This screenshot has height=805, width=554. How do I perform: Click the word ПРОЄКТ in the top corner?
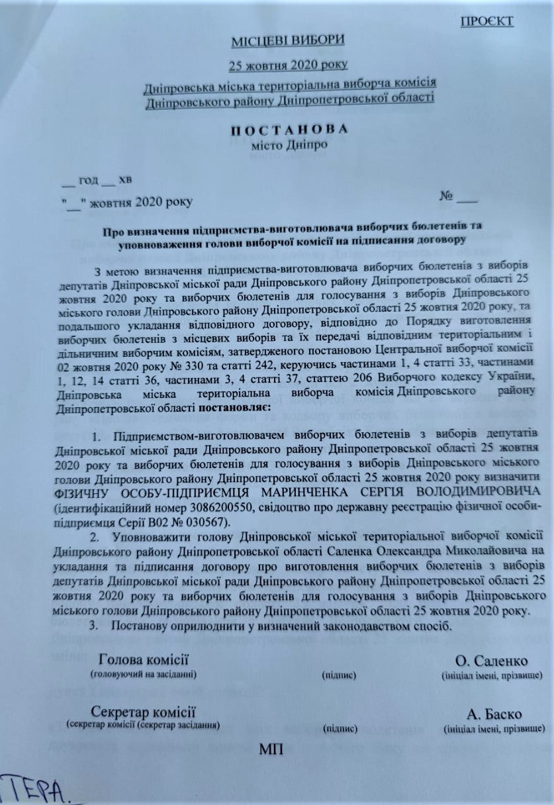click(486, 21)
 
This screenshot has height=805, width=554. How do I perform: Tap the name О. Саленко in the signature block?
click(491, 661)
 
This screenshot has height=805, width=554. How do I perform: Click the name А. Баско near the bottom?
click(494, 715)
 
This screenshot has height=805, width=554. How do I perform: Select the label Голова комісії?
click(144, 659)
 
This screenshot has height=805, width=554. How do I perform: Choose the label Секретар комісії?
click(144, 712)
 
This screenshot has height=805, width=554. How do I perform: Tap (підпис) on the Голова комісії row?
click(340, 675)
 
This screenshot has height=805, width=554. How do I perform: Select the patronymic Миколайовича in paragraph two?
click(486, 551)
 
